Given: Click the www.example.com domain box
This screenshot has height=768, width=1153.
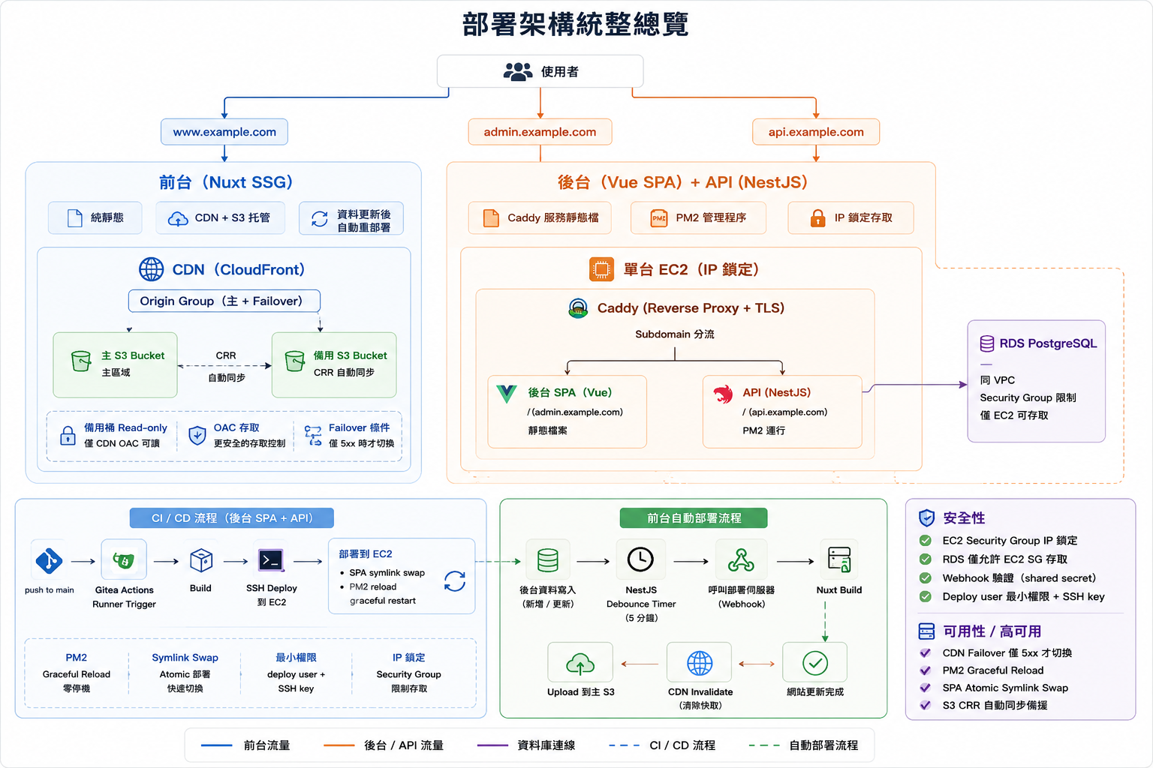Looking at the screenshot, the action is [224, 132].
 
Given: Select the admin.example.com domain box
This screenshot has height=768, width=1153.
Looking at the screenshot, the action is [540, 132].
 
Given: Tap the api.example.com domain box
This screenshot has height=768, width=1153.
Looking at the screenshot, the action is [816, 132].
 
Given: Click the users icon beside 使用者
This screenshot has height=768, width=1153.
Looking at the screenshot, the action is [518, 71].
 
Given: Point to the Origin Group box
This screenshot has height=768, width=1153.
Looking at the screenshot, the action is [224, 301].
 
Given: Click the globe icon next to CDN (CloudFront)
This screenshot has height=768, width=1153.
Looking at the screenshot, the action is [152, 269].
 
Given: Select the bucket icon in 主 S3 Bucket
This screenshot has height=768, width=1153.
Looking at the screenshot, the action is [81, 361].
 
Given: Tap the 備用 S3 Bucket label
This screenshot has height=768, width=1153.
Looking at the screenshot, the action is [350, 355].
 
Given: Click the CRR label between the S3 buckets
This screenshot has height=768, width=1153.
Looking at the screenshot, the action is [225, 355].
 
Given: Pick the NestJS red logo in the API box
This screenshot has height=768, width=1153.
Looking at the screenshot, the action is [723, 394].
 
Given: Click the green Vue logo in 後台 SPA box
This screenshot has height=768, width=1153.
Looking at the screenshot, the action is [507, 394].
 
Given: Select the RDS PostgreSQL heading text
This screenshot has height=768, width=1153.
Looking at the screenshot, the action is [1048, 343].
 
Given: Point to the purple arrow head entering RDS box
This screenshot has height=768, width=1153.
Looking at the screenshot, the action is [963, 384].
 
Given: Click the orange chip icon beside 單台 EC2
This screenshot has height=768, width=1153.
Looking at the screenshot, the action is [601, 269].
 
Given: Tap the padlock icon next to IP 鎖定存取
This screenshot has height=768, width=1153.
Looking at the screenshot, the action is [817, 218].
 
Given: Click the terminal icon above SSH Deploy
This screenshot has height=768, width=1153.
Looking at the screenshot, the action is [271, 560].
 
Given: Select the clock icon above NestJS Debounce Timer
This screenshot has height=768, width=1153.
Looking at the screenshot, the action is [640, 559].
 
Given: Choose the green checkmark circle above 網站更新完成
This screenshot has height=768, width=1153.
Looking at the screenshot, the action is [815, 663].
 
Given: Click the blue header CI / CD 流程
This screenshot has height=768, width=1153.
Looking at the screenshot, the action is [232, 518].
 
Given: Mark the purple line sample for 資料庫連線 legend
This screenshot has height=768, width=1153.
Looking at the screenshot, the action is [492, 745].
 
